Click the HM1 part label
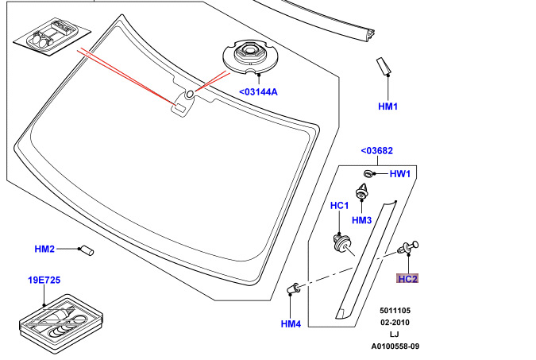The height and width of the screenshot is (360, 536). (x=388, y=106)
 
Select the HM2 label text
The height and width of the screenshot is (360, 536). (x=44, y=250)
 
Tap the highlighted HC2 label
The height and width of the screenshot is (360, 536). (x=407, y=279)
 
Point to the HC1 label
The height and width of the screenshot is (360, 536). (x=340, y=206)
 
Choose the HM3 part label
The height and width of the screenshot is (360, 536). (x=362, y=220)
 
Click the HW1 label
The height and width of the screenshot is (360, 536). (x=399, y=174)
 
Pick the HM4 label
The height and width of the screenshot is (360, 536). (x=291, y=323)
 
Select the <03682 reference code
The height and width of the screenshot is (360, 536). (x=376, y=151)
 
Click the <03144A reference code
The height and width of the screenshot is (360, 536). (x=258, y=92)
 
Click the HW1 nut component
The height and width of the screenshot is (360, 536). (x=369, y=173)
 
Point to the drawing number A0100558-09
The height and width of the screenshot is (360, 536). (x=395, y=346)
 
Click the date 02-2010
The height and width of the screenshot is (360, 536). (x=395, y=322)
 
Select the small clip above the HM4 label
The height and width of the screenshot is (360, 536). (x=293, y=288)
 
